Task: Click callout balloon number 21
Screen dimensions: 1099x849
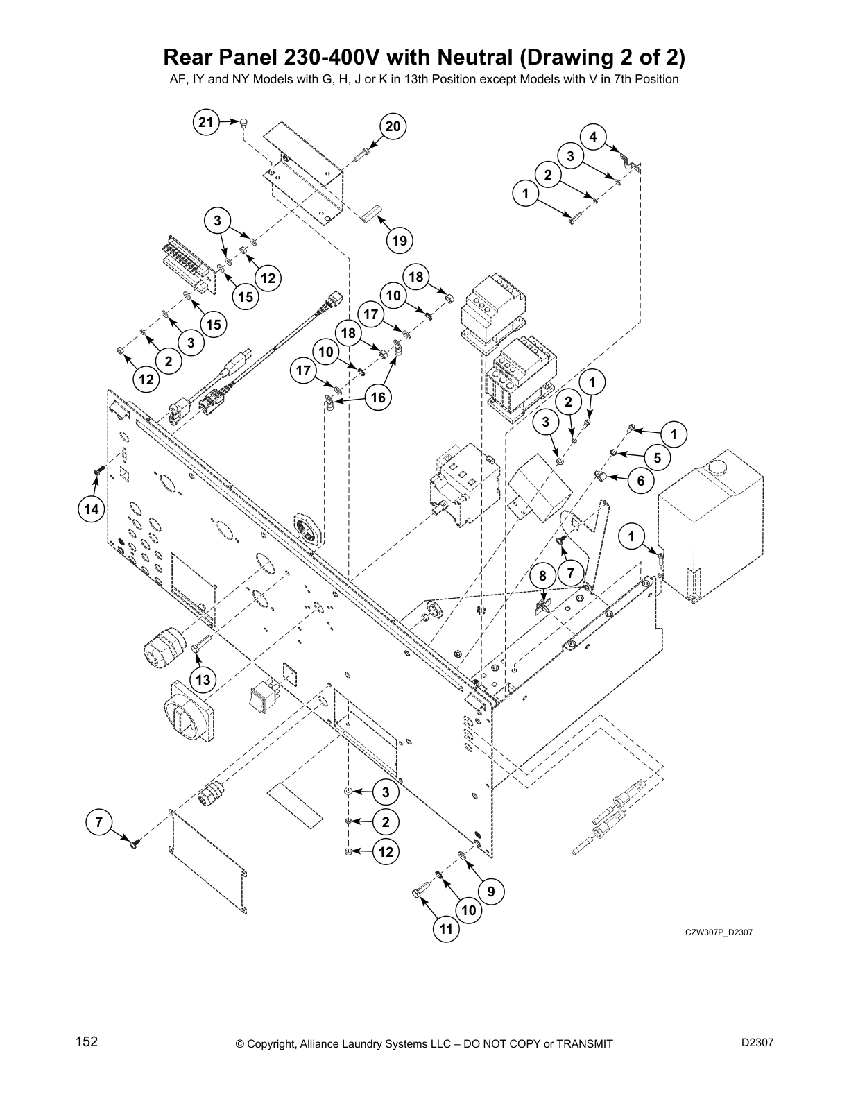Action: point(205,123)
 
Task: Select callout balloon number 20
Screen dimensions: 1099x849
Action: point(393,126)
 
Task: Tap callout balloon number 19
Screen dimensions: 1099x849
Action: point(399,241)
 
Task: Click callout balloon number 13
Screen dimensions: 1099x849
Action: point(203,679)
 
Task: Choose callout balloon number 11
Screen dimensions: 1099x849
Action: point(447,928)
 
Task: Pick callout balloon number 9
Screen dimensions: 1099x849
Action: point(491,892)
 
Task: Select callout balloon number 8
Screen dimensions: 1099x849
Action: point(542,576)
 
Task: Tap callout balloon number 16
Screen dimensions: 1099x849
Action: point(378,398)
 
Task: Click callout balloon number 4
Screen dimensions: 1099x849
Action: point(593,137)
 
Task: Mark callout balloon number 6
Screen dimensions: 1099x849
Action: point(640,480)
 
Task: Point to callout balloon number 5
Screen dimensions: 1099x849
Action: point(657,458)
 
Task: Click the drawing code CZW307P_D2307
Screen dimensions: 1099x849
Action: point(719,932)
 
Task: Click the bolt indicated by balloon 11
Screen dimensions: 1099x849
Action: point(420,896)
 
